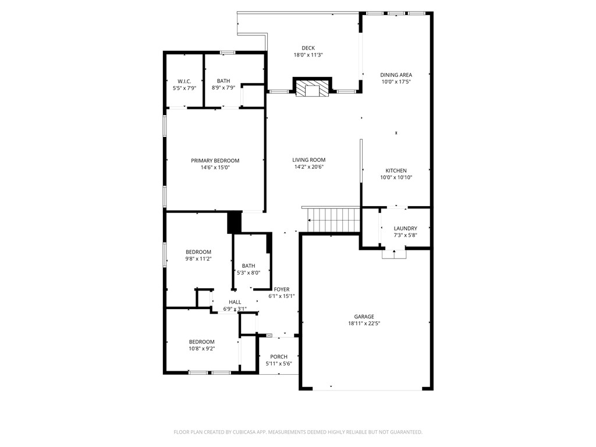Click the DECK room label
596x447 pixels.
coord(308,48)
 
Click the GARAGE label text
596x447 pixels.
coord(364,317)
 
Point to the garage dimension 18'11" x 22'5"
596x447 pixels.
coord(364,324)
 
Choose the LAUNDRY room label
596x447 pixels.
coord(405,228)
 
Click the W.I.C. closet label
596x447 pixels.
coord(185,81)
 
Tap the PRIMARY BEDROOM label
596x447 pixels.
coord(215,161)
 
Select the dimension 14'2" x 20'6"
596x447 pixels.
coord(308,167)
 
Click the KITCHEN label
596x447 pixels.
coord(396,171)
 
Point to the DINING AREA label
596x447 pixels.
coord(396,74)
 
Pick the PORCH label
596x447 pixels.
coord(279,357)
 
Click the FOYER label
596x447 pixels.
coord(282,289)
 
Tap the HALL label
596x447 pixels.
coord(235,302)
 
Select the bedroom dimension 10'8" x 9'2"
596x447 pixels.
coord(201,349)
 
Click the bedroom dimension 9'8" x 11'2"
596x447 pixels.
coord(198,259)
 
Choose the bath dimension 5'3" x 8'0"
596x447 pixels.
coord(249,272)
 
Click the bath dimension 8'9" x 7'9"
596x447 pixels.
coord(223,88)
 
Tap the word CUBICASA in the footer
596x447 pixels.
coord(249,432)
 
